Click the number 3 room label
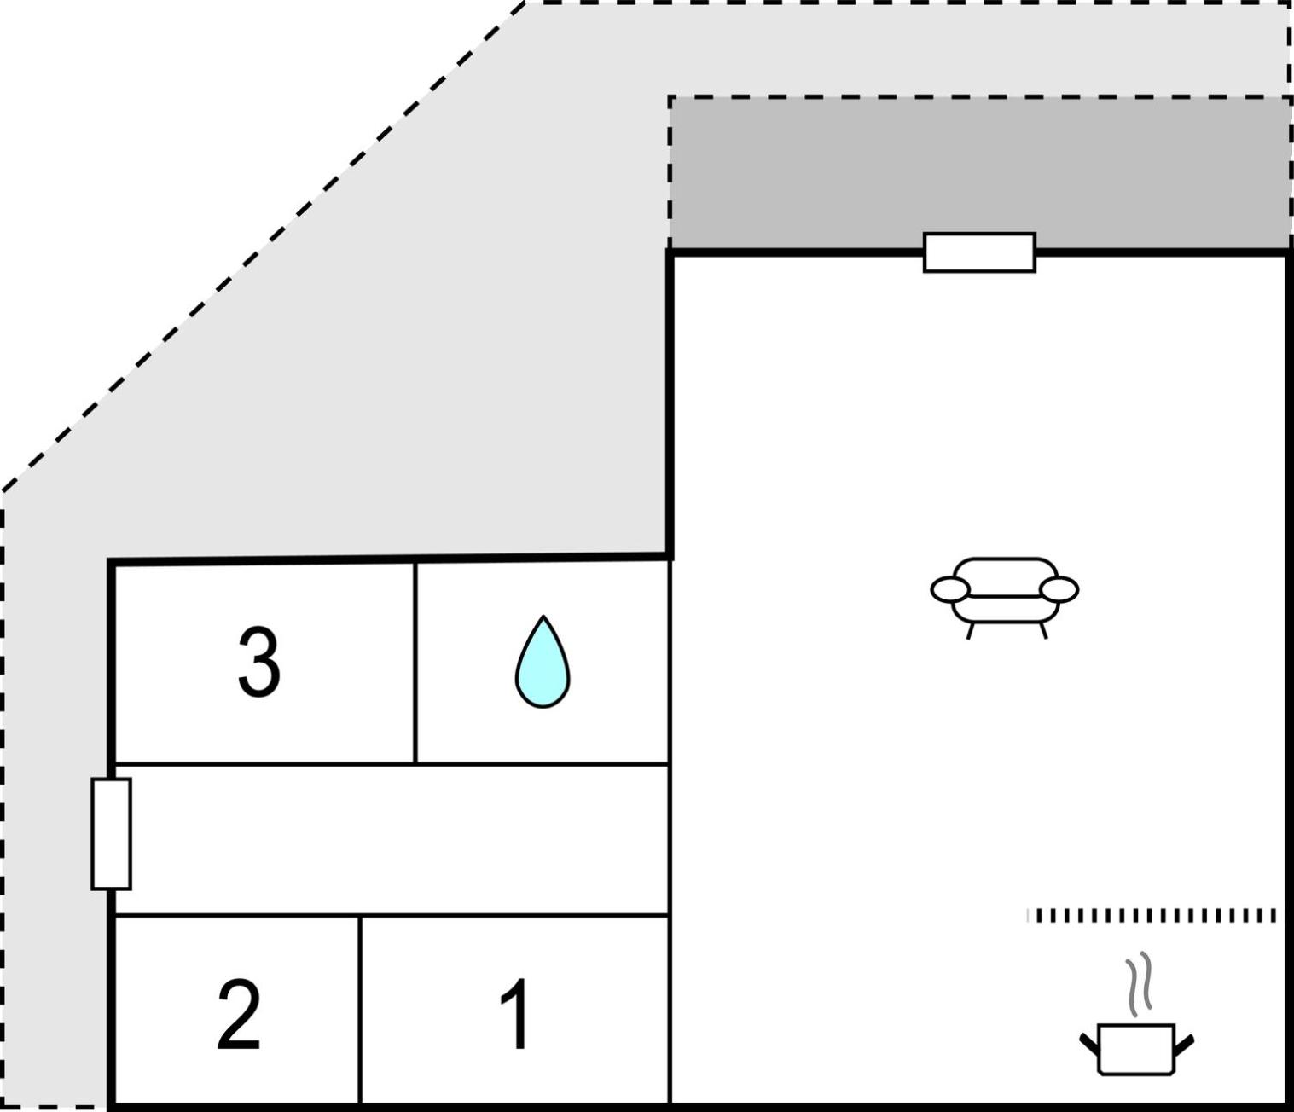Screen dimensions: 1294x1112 click(x=258, y=663)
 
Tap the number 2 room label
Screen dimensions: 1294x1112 click(x=239, y=1015)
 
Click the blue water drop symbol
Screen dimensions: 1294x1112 click(x=543, y=662)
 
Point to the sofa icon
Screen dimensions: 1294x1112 click(x=1004, y=598)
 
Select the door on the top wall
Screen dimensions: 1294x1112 click(x=979, y=252)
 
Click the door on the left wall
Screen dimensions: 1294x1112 click(x=111, y=834)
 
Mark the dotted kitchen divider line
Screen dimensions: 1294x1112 click(x=1151, y=916)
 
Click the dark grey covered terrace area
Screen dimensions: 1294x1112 click(x=979, y=172)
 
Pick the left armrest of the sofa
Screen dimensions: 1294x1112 click(x=950, y=589)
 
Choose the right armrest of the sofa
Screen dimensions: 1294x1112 click(x=1059, y=589)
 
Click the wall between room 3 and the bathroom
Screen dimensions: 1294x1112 click(x=415, y=663)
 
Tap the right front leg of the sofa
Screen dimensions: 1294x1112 click(x=1043, y=631)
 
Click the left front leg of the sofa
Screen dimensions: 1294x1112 click(x=971, y=631)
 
